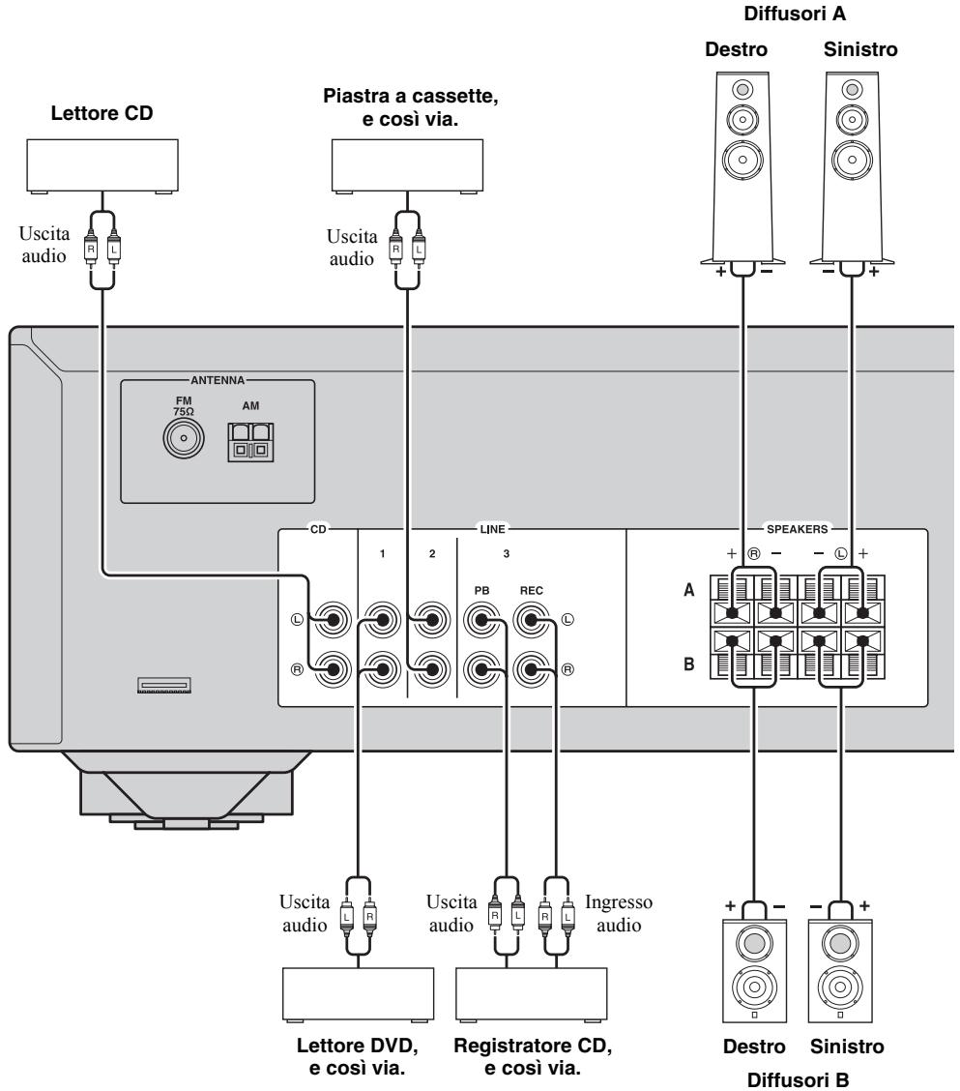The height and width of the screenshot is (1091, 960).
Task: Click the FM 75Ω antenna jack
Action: (184, 439)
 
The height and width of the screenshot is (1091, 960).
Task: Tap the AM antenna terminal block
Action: (250, 443)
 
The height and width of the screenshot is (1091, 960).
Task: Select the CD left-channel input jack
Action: (333, 619)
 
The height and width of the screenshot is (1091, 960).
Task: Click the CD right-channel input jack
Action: (333, 669)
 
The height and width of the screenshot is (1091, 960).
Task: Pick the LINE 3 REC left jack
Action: (532, 619)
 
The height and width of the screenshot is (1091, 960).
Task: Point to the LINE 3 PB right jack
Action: (482, 669)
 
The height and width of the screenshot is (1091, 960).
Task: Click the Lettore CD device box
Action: (102, 166)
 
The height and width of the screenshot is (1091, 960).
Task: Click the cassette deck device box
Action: (408, 166)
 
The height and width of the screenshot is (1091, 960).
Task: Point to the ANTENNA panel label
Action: (218, 381)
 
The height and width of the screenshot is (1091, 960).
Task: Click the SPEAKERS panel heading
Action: (798, 529)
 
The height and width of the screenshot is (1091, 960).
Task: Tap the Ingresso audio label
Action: (619, 914)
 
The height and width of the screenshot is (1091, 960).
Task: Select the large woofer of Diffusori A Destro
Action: (742, 160)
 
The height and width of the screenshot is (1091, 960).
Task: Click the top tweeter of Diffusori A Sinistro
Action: (852, 90)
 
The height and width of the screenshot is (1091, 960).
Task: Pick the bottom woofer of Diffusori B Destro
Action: (754, 987)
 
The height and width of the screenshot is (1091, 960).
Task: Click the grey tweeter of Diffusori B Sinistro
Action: (840, 943)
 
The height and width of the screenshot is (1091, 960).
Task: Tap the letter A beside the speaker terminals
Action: (688, 590)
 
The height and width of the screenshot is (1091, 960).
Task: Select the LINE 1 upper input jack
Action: (382, 619)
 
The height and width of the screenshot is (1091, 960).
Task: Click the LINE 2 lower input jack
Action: (431, 669)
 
